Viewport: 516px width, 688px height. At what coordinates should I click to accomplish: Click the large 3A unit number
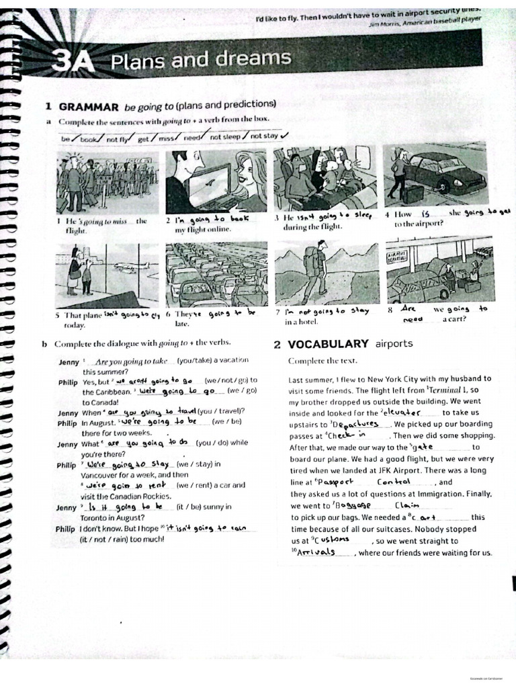(72, 62)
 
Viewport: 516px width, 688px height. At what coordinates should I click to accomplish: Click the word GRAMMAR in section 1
(89, 106)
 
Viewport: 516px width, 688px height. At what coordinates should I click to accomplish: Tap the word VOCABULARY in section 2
(328, 344)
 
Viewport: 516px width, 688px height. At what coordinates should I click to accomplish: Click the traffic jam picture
(216, 274)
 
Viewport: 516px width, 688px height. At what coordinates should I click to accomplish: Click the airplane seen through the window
(132, 265)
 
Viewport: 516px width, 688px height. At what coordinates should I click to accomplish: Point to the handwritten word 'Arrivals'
(316, 552)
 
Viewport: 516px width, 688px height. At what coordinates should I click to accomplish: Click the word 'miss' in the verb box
(167, 138)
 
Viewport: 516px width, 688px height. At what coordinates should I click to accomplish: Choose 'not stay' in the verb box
(264, 136)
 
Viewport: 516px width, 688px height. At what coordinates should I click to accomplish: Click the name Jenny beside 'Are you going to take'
(69, 361)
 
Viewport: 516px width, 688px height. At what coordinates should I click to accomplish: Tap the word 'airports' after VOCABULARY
(394, 344)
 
